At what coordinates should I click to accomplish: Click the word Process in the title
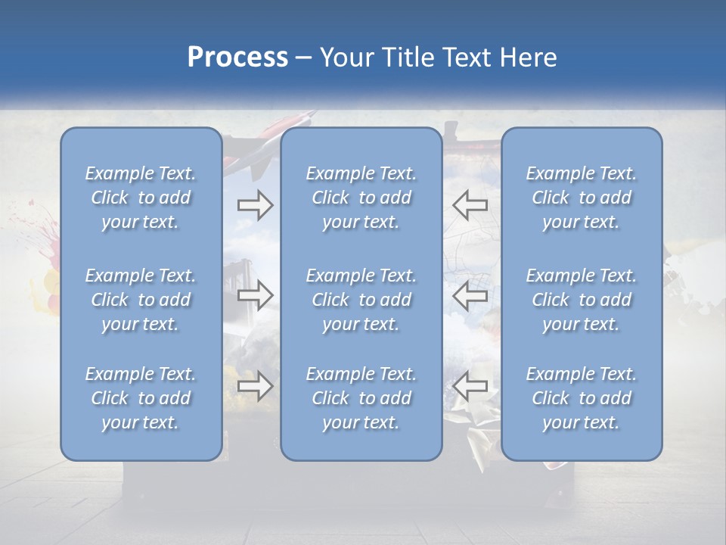coord(237,58)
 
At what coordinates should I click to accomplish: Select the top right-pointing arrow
coord(255,204)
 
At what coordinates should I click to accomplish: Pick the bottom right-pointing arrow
coord(255,386)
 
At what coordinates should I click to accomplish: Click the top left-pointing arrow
coord(470,204)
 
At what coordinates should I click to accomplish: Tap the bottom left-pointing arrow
coord(470,386)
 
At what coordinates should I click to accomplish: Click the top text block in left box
coord(141,198)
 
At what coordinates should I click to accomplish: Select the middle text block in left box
coord(141,300)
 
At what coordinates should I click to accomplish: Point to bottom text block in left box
coord(141,398)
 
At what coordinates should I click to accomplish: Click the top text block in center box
coord(361,198)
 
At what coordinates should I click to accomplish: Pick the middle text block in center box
coord(361,300)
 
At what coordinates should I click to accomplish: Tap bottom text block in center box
coord(361,398)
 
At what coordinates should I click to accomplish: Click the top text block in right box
coord(581,198)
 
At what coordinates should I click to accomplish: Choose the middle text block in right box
coord(581,300)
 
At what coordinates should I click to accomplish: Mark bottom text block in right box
coord(581,398)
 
